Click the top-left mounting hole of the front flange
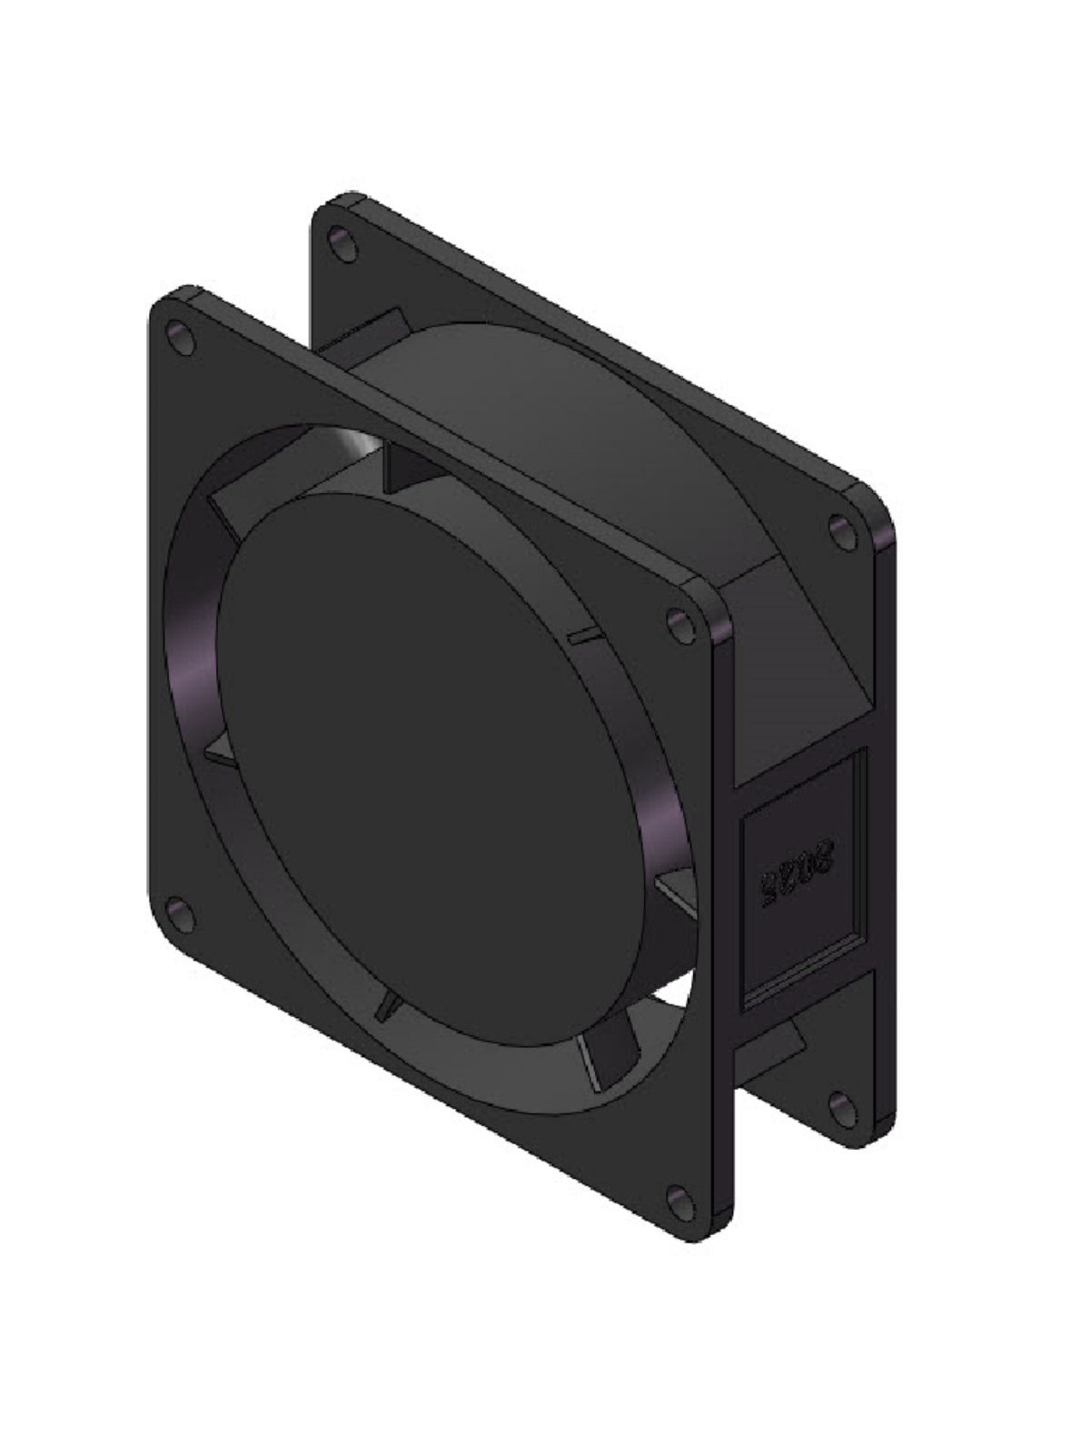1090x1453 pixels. tap(179, 336)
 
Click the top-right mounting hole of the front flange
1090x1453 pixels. tap(679, 626)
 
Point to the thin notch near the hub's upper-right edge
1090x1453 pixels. tap(581, 636)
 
